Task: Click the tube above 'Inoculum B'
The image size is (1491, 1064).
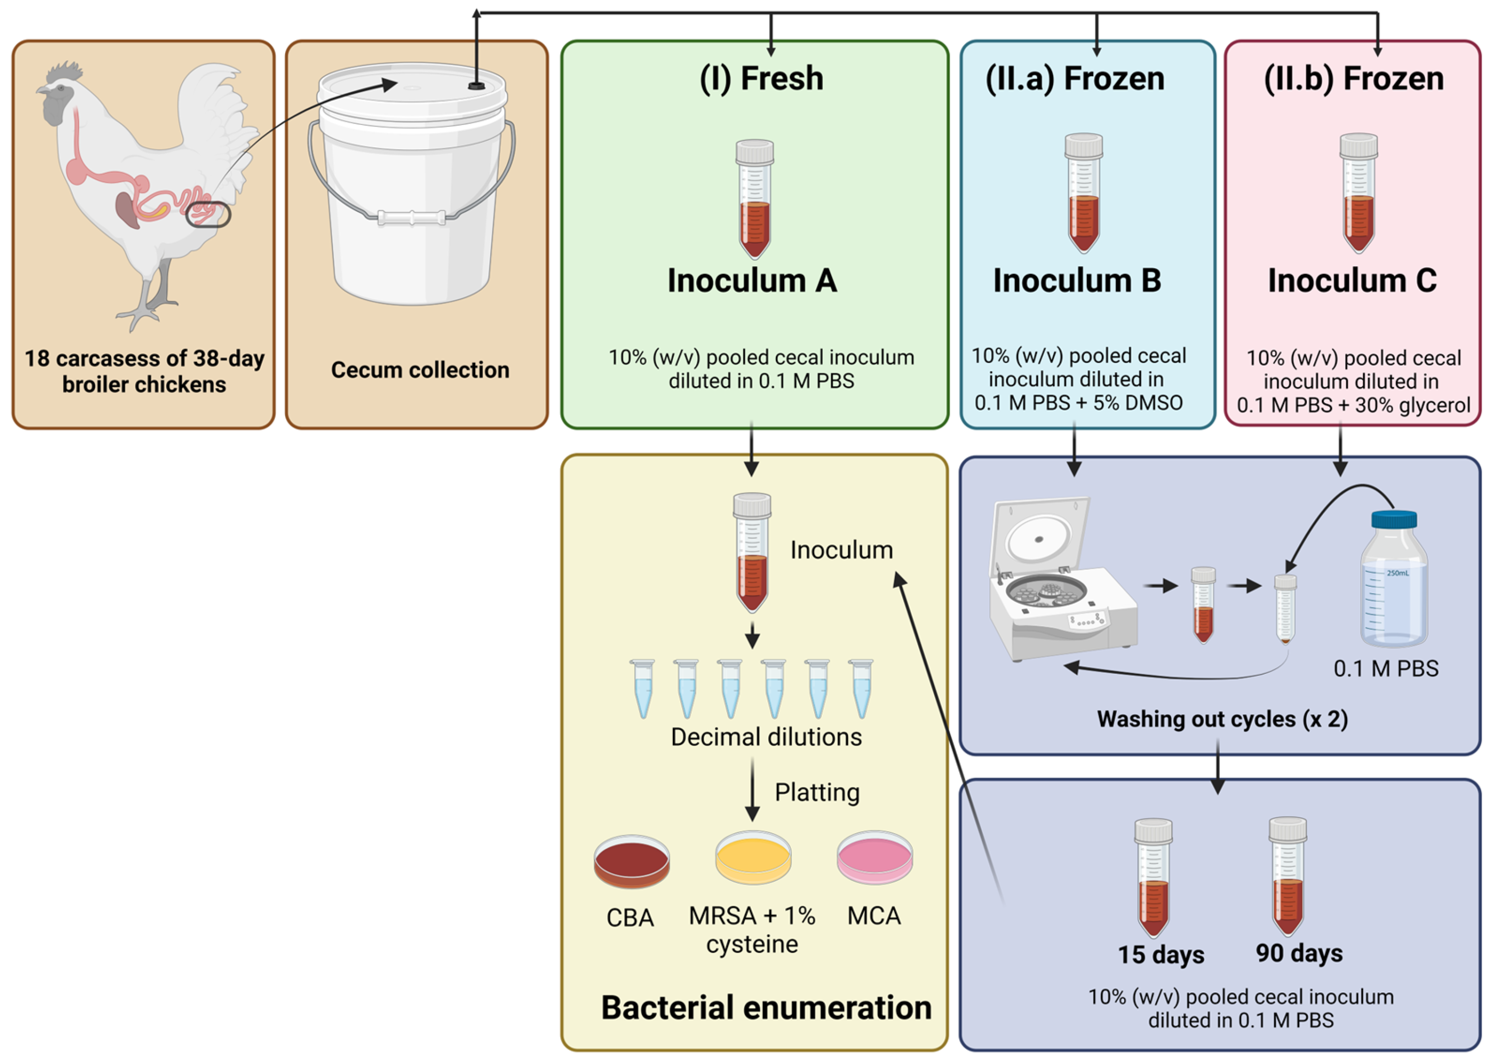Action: (1083, 193)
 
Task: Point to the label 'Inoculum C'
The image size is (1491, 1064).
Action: (1352, 280)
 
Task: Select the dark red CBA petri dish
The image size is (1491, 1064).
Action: (631, 861)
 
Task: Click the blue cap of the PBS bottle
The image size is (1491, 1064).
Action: (1393, 520)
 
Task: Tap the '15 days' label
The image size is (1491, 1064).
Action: (1160, 955)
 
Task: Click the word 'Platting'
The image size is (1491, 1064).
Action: (816, 792)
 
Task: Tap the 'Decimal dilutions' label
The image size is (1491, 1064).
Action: (766, 737)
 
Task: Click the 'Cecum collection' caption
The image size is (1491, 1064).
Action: (420, 370)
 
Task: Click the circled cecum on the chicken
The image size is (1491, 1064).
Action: (208, 214)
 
